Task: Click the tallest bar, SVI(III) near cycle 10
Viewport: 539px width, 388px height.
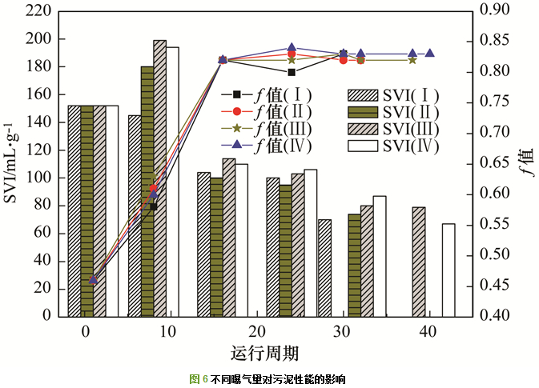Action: pos(160,178)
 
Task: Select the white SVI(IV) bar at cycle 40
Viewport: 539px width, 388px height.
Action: pos(448,270)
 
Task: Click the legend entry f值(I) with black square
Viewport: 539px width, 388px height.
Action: pos(269,94)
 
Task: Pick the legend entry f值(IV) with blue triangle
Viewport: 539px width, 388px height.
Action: pos(269,146)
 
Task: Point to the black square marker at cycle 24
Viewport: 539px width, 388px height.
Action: pos(292,72)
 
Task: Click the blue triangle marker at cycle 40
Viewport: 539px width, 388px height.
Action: pos(430,54)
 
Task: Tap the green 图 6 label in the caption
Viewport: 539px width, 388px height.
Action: pos(198,379)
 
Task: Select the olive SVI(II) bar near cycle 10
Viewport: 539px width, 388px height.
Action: pos(147,191)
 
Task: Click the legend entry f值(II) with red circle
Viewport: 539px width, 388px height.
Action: pos(269,111)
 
